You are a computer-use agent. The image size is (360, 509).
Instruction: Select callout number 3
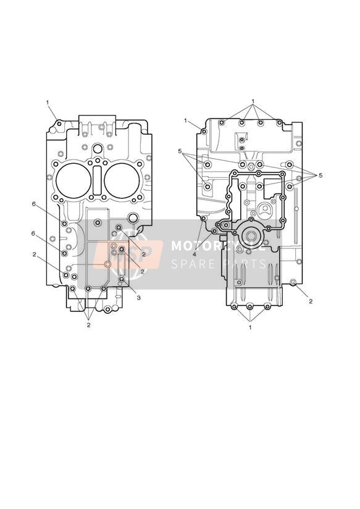(138, 298)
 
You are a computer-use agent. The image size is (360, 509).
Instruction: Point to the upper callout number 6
(33, 204)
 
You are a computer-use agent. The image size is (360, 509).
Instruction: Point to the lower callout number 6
(33, 233)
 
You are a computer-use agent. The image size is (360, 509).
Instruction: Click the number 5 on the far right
(320, 175)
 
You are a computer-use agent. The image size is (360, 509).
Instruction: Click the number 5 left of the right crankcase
(180, 151)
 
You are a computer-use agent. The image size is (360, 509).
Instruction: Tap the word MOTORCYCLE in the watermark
(218, 246)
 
